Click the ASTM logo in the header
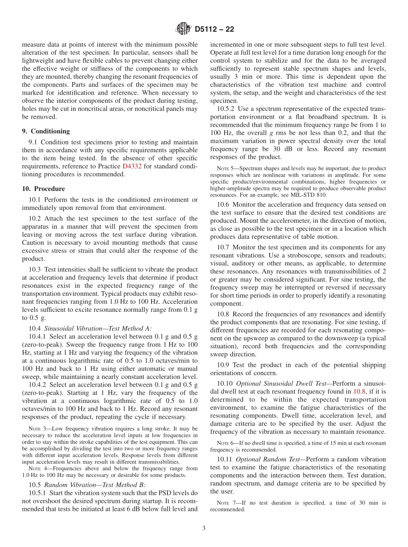183,30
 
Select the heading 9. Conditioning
46,131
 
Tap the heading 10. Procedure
44,188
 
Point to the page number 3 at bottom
204,529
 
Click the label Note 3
35,429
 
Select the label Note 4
35,468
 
